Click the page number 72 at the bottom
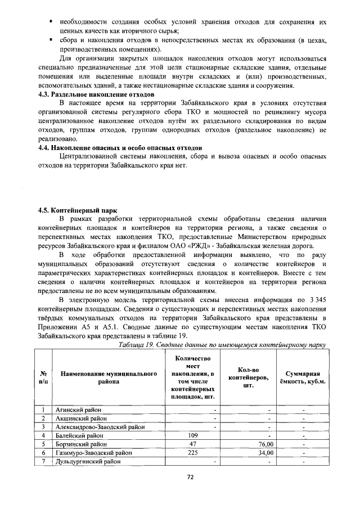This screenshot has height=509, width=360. [x=190, y=478]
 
